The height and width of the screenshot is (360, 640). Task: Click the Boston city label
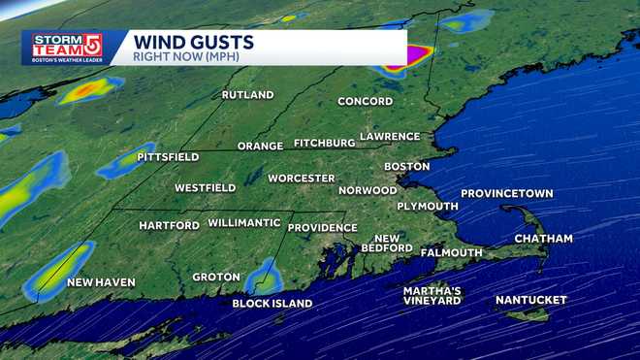click(x=406, y=167)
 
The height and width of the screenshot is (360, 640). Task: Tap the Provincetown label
click(x=506, y=194)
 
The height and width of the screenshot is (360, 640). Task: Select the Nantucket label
click(x=530, y=301)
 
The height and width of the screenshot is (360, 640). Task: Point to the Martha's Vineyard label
click(x=432, y=296)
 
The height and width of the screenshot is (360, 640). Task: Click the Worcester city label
click(x=302, y=179)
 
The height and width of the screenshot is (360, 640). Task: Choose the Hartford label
click(x=169, y=226)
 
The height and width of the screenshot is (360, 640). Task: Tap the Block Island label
click(x=272, y=304)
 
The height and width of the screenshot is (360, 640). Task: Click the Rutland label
click(x=247, y=95)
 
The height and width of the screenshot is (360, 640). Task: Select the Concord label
click(x=365, y=102)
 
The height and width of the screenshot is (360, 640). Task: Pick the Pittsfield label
click(x=168, y=157)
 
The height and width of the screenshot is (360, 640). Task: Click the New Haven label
click(x=101, y=283)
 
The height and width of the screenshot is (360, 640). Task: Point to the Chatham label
click(x=543, y=239)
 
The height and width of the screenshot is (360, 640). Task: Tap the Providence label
click(x=323, y=228)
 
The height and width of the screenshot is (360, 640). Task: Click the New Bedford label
click(x=387, y=244)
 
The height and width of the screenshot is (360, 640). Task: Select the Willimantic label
click(x=244, y=223)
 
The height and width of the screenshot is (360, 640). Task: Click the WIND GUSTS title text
click(x=194, y=42)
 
